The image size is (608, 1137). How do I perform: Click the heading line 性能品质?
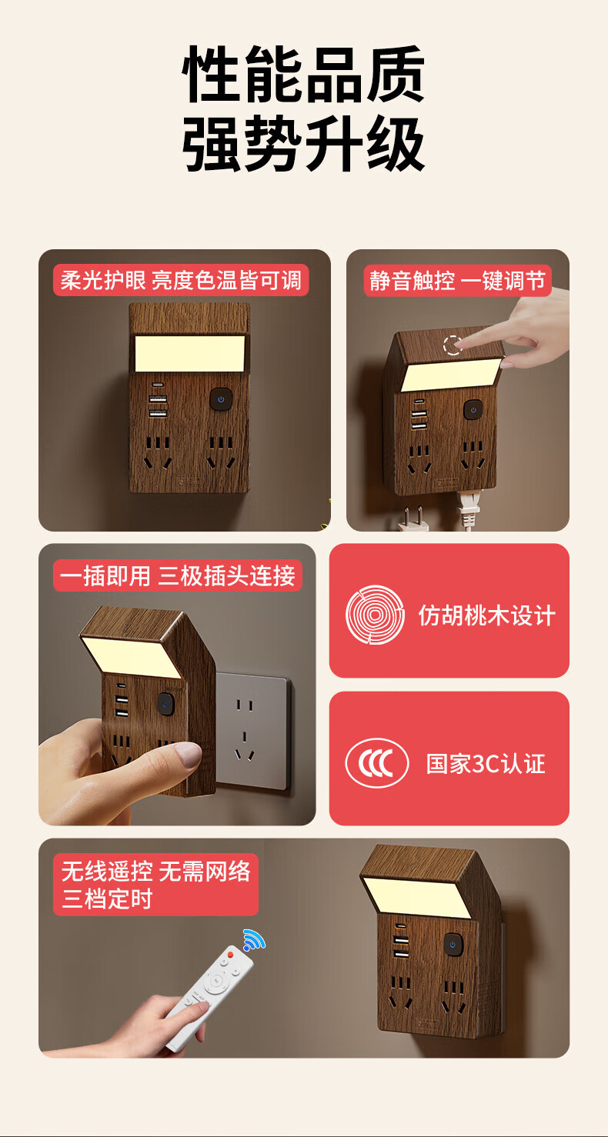point(303,74)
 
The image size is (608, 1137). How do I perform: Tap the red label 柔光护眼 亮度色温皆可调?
point(181,280)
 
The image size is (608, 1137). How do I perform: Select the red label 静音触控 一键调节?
point(457,280)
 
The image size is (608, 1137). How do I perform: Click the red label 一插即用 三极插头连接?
point(178,575)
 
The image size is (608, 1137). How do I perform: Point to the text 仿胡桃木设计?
point(486,615)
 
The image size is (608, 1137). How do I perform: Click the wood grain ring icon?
point(375,615)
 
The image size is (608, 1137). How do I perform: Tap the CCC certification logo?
point(376,763)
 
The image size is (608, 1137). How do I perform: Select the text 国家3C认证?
point(485,763)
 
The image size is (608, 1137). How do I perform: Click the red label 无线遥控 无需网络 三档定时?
point(156,885)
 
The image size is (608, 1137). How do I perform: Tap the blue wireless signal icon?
point(254,939)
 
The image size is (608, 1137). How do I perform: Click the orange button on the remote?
point(230,955)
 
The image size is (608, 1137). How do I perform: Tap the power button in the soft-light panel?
point(221,399)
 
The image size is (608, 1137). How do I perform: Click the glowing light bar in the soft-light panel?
point(190,353)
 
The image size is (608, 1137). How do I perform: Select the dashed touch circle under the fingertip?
point(453,345)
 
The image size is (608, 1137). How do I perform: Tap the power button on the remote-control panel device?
point(453,945)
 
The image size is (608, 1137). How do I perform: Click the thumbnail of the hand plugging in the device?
point(177,684)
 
